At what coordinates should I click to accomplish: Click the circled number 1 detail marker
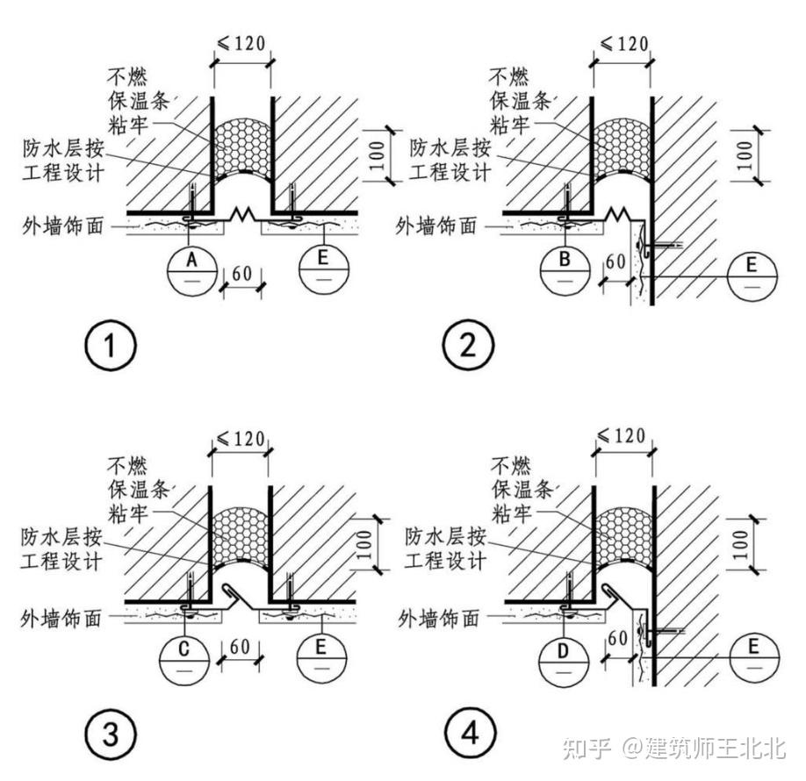[x=111, y=345]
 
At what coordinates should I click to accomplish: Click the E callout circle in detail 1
[x=324, y=269]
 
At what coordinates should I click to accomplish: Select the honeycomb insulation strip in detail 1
[x=241, y=144]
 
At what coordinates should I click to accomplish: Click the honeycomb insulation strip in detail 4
[x=622, y=532]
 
